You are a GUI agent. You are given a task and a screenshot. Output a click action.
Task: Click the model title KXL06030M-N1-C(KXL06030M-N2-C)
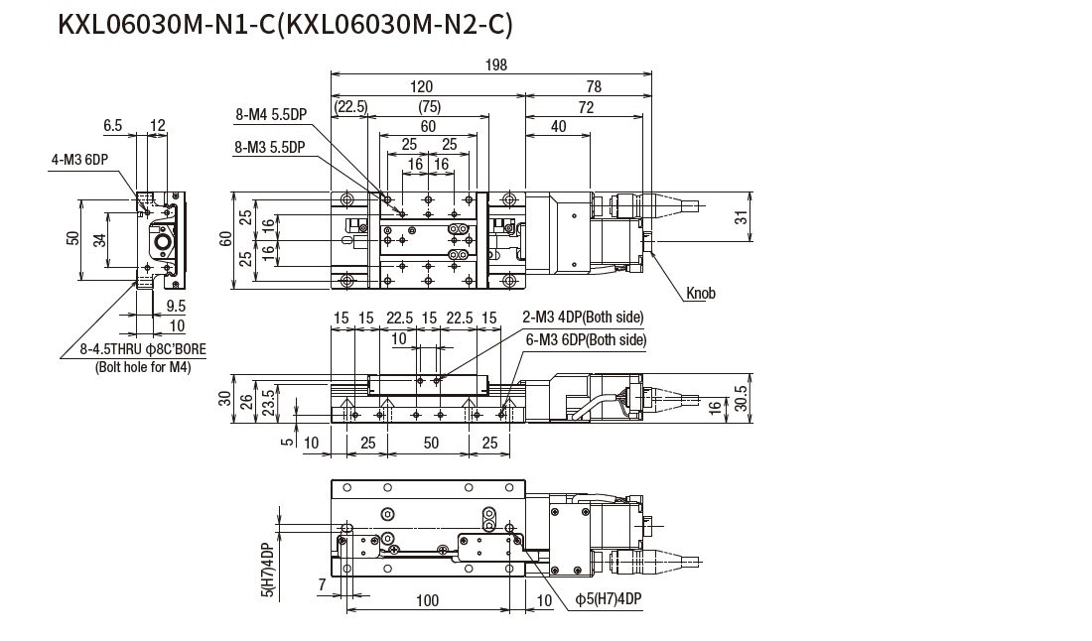285,24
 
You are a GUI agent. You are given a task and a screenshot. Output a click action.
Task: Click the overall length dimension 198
496,64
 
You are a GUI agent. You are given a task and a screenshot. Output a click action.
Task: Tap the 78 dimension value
594,86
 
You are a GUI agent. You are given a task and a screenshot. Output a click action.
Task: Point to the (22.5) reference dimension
350,106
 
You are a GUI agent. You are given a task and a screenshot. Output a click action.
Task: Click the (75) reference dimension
428,106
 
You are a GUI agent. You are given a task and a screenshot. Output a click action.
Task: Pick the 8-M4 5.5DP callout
270,115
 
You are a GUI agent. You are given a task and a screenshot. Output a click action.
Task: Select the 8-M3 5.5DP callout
270,147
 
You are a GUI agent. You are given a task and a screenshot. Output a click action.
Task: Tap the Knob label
700,294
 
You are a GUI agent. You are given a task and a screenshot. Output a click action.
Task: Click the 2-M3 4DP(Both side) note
584,318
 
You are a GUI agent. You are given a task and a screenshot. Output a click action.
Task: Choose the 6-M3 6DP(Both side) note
586,340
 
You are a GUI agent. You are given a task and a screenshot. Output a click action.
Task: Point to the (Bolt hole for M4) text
145,367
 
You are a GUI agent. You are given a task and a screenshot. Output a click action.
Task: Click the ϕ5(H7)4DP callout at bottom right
609,599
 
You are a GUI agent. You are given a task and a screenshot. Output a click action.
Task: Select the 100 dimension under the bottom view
427,601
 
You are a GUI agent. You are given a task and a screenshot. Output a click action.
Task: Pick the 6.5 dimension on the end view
113,125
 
